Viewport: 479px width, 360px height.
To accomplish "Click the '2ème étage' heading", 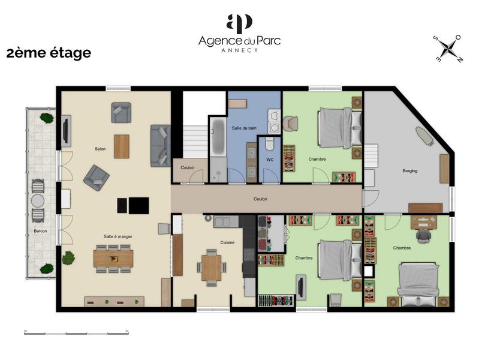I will tap(49, 53).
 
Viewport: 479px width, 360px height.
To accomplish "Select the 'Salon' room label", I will tap(100, 149).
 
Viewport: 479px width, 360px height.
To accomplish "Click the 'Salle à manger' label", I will tap(118, 236).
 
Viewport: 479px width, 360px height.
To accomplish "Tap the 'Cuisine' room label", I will tap(227, 242).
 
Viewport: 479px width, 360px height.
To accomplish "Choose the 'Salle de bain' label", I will tap(244, 128).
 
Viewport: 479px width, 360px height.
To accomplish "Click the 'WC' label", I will tap(269, 160).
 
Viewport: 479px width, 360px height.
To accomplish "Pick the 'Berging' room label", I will tap(410, 171).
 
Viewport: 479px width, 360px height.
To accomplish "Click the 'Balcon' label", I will tap(40, 231).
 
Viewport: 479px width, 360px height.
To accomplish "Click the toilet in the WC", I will tap(270, 145).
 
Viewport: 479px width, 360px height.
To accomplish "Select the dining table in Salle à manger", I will tap(113, 259).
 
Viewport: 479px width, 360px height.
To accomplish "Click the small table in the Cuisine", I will tap(211, 268).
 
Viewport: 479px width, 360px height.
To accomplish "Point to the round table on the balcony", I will tap(38, 200).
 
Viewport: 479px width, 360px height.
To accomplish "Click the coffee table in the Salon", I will tap(122, 146).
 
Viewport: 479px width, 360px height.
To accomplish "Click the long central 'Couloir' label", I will tap(260, 199).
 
